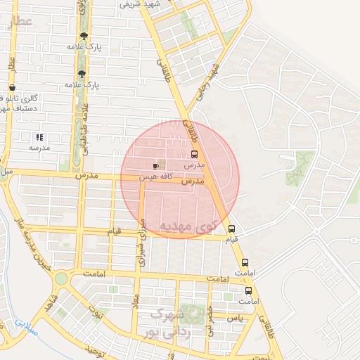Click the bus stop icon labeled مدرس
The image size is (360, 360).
click(194, 154)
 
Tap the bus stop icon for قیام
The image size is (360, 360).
click(231, 229)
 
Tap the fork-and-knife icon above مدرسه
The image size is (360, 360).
click(39, 137)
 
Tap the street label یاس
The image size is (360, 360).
click(236, 318)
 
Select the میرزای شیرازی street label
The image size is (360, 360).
click(143, 243)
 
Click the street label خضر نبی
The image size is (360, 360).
click(210, 321)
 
